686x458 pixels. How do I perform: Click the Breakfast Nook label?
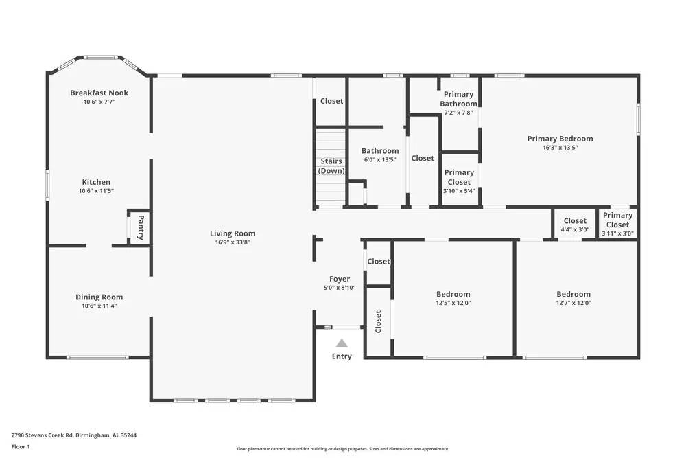pyautogui.click(x=99, y=93)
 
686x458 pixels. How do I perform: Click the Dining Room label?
pyautogui.click(x=99, y=297)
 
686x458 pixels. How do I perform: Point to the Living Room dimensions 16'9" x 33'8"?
pyautogui.click(x=233, y=242)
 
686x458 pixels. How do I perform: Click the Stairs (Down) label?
pyautogui.click(x=331, y=166)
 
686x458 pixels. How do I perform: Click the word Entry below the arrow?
pyautogui.click(x=342, y=356)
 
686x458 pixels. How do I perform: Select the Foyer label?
pyautogui.click(x=340, y=279)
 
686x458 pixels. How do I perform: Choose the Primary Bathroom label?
pyautogui.click(x=458, y=99)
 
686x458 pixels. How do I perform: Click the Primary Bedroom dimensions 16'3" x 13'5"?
pyautogui.click(x=560, y=148)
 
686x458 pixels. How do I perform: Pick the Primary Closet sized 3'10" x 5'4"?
pyautogui.click(x=459, y=177)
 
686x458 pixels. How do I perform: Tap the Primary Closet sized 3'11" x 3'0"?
pyautogui.click(x=617, y=225)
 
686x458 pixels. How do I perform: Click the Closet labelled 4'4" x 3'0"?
pyautogui.click(x=575, y=225)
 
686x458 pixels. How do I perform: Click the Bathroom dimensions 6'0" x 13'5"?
pyautogui.click(x=380, y=160)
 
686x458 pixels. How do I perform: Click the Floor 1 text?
pyautogui.click(x=21, y=446)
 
